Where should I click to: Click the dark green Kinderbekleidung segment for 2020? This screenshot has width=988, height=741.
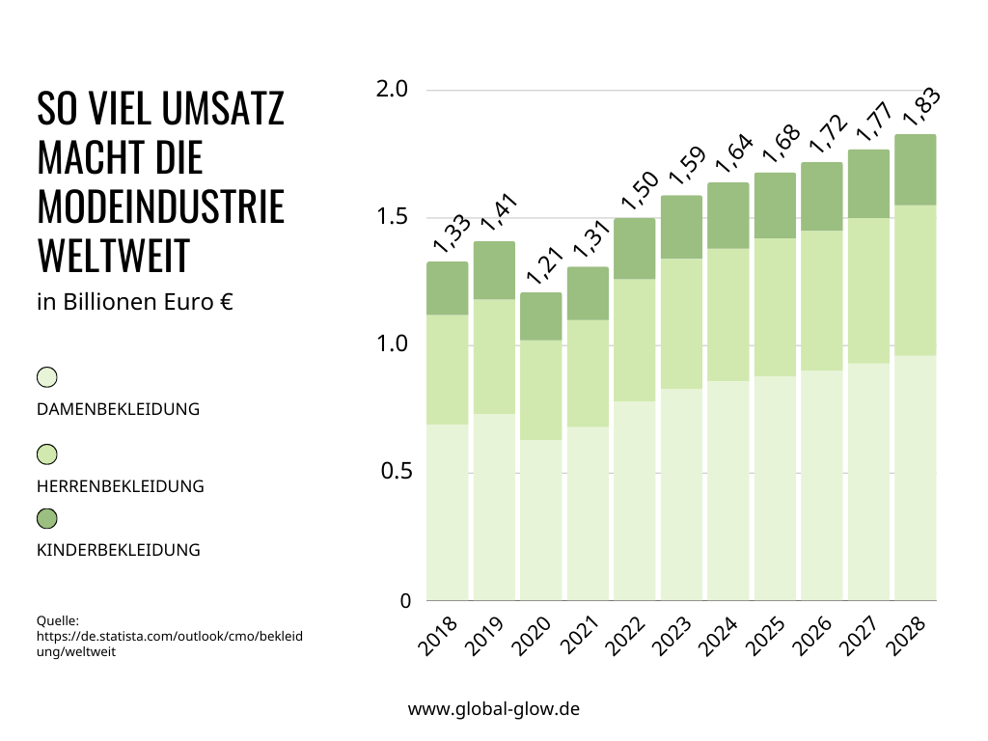[x=540, y=316]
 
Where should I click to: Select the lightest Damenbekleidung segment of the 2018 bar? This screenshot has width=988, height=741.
[x=447, y=511]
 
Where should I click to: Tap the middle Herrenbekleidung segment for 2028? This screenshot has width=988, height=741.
[x=916, y=280]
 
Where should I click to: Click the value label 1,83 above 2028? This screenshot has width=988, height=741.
[x=920, y=106]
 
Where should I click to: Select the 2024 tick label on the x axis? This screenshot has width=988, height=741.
[x=719, y=638]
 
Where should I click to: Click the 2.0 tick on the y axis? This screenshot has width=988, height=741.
[x=393, y=90]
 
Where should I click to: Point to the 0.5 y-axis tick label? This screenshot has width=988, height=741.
[x=393, y=472]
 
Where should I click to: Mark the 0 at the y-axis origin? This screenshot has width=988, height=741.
[x=405, y=600]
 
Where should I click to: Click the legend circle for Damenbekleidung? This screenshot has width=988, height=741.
[x=47, y=377]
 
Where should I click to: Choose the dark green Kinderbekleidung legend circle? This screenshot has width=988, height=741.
[x=47, y=519]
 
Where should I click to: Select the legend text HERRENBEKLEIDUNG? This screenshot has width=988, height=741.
[x=121, y=486]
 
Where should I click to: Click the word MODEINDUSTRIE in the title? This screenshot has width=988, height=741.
[x=161, y=206]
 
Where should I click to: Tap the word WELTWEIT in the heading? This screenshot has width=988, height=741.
[x=113, y=256]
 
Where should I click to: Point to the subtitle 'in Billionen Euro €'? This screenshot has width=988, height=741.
[x=135, y=302]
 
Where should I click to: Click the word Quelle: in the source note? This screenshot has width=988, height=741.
[x=57, y=621]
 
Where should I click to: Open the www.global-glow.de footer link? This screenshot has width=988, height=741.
[x=494, y=709]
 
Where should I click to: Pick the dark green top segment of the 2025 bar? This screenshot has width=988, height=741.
[x=775, y=206]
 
